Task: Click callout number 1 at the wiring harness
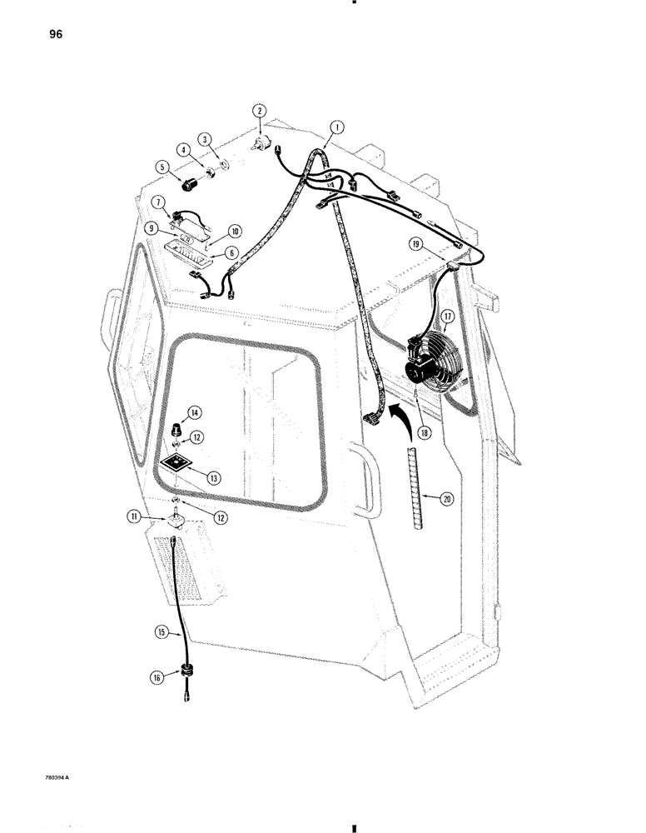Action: [x=337, y=127]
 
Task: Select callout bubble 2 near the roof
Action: [x=260, y=111]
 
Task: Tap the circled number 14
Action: [x=194, y=412]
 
